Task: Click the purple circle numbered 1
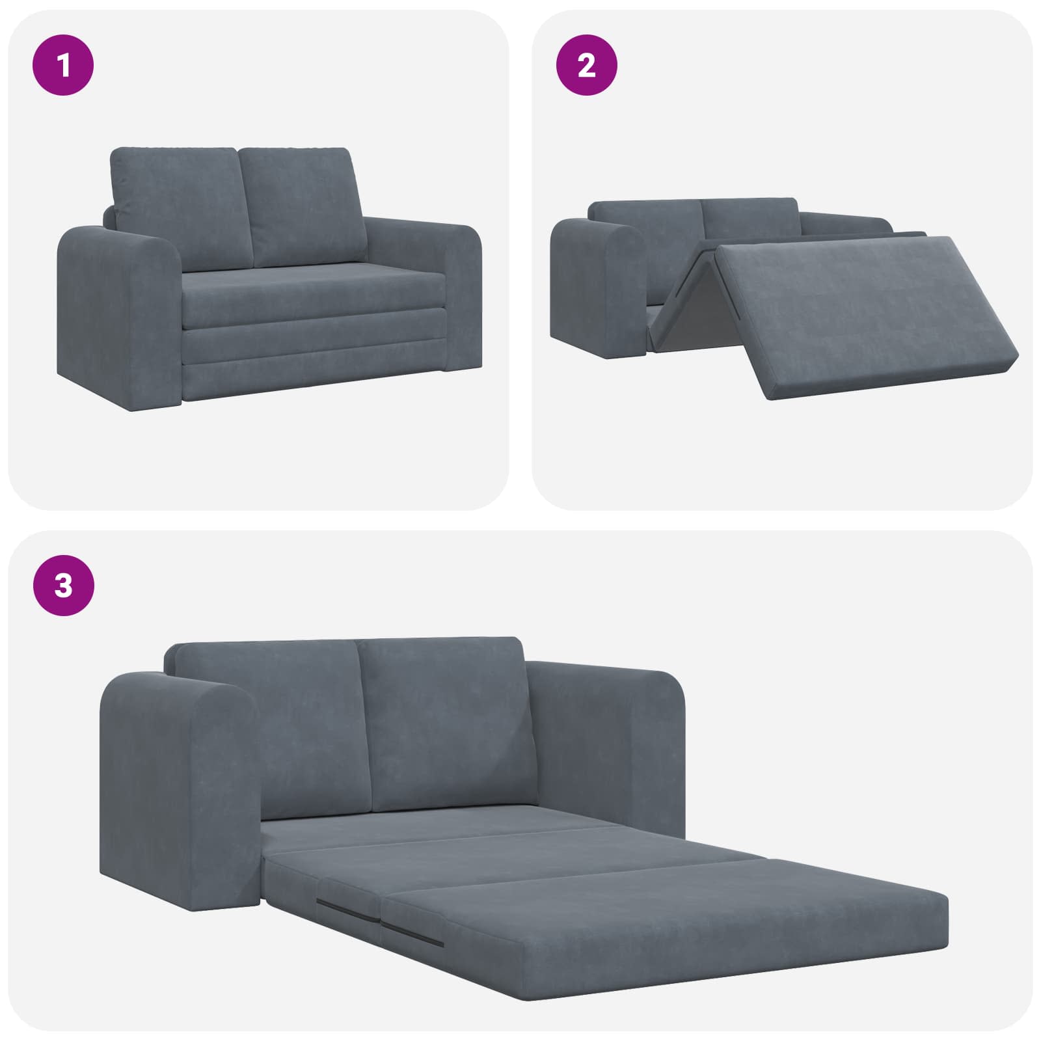(63, 65)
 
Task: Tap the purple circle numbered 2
(587, 65)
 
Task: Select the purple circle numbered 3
(63, 586)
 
